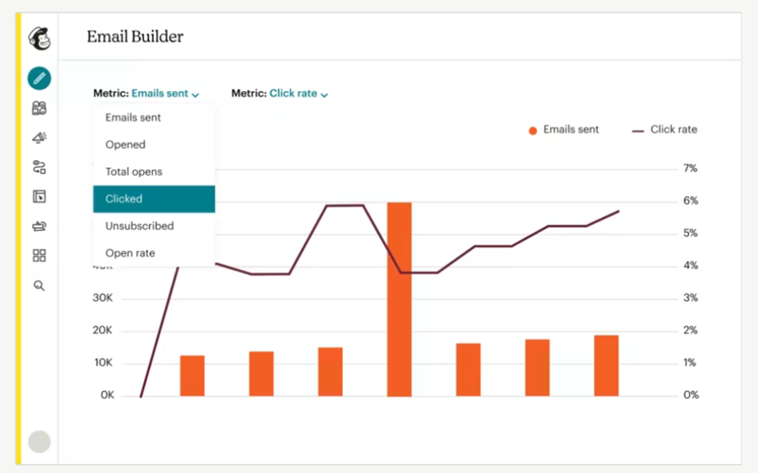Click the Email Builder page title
pyautogui.click(x=134, y=37)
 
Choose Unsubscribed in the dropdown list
pyautogui.click(x=139, y=226)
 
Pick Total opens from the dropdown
pyautogui.click(x=134, y=171)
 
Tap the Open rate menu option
pyautogui.click(x=130, y=253)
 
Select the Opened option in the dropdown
pyautogui.click(x=125, y=145)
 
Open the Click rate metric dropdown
pyautogui.click(x=298, y=93)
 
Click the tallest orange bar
pyautogui.click(x=399, y=299)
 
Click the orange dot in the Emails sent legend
pyautogui.click(x=533, y=131)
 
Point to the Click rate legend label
pyautogui.click(x=673, y=130)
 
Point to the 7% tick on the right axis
pyautogui.click(x=690, y=168)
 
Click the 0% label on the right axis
pyautogui.click(x=690, y=395)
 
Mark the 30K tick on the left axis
pyautogui.click(x=103, y=298)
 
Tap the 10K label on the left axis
pyautogui.click(x=103, y=363)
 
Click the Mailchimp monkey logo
pyautogui.click(x=39, y=37)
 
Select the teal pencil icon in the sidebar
pyautogui.click(x=39, y=78)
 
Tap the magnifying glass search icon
pyautogui.click(x=39, y=286)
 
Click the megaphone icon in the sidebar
pyautogui.click(x=39, y=138)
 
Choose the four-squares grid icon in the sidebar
pyautogui.click(x=39, y=256)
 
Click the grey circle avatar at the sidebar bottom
pyautogui.click(x=39, y=442)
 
